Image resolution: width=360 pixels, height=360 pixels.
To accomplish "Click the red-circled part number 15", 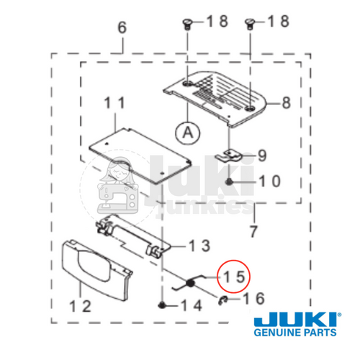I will pyautogui.click(x=234, y=276).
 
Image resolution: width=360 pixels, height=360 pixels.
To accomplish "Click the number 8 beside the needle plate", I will pyautogui.click(x=286, y=102).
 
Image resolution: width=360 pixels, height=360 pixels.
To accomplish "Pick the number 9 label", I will pyautogui.click(x=261, y=155).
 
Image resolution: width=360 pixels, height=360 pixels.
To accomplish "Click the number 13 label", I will pyautogui.click(x=200, y=246).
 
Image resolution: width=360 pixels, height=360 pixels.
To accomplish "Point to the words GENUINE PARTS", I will pyautogui.click(x=295, y=335).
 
